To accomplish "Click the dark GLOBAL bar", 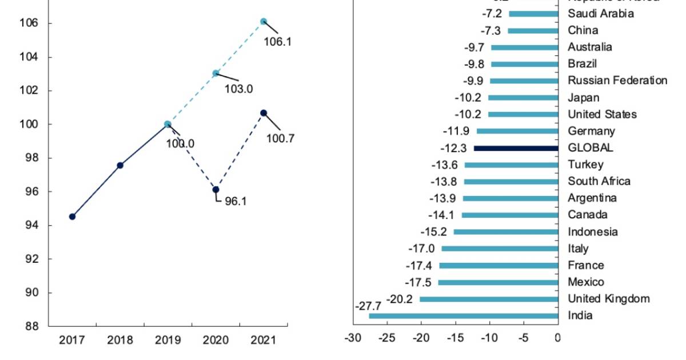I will pyautogui.click(x=516, y=148).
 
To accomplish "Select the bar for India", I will pyautogui.click(x=463, y=315).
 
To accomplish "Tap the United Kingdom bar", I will pyautogui.click(x=489, y=299).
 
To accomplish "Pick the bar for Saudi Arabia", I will pyautogui.click(x=533, y=14).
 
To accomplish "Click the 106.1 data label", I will pyautogui.click(x=277, y=42).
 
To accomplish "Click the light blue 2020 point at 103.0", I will pyautogui.click(x=216, y=73).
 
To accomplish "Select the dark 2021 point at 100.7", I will pyautogui.click(x=264, y=113).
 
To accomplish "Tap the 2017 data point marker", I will pyautogui.click(x=72, y=217).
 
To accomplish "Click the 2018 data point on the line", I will pyautogui.click(x=120, y=165).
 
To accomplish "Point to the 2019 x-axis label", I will pyautogui.click(x=167, y=340).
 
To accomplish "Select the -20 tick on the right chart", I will pyautogui.click(x=421, y=337).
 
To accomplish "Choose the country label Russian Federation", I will pyautogui.click(x=617, y=81).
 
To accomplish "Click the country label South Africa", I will pyautogui.click(x=599, y=181).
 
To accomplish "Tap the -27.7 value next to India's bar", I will pyautogui.click(x=368, y=306).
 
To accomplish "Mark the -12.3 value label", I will pyautogui.click(x=454, y=148).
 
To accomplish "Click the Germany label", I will pyautogui.click(x=591, y=131).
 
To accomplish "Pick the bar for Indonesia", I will pyautogui.click(x=505, y=232).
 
